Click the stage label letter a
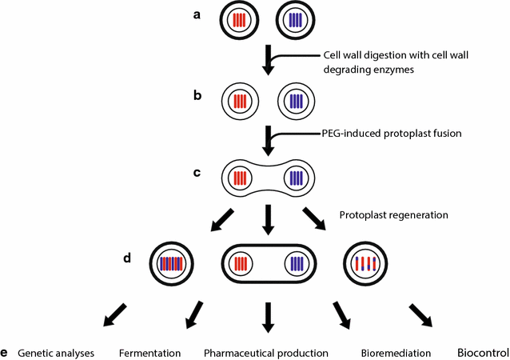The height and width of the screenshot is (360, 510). point(198,14)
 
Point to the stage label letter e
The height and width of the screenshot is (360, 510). point(6,352)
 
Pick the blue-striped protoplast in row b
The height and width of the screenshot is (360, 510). point(297,102)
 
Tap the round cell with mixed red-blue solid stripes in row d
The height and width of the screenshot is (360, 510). point(172,263)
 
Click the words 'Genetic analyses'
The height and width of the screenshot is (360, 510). point(56,353)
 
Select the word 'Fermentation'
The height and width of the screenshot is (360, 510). point(149,353)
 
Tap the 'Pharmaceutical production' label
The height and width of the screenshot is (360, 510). point(266,353)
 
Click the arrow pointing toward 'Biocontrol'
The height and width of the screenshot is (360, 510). point(420,314)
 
